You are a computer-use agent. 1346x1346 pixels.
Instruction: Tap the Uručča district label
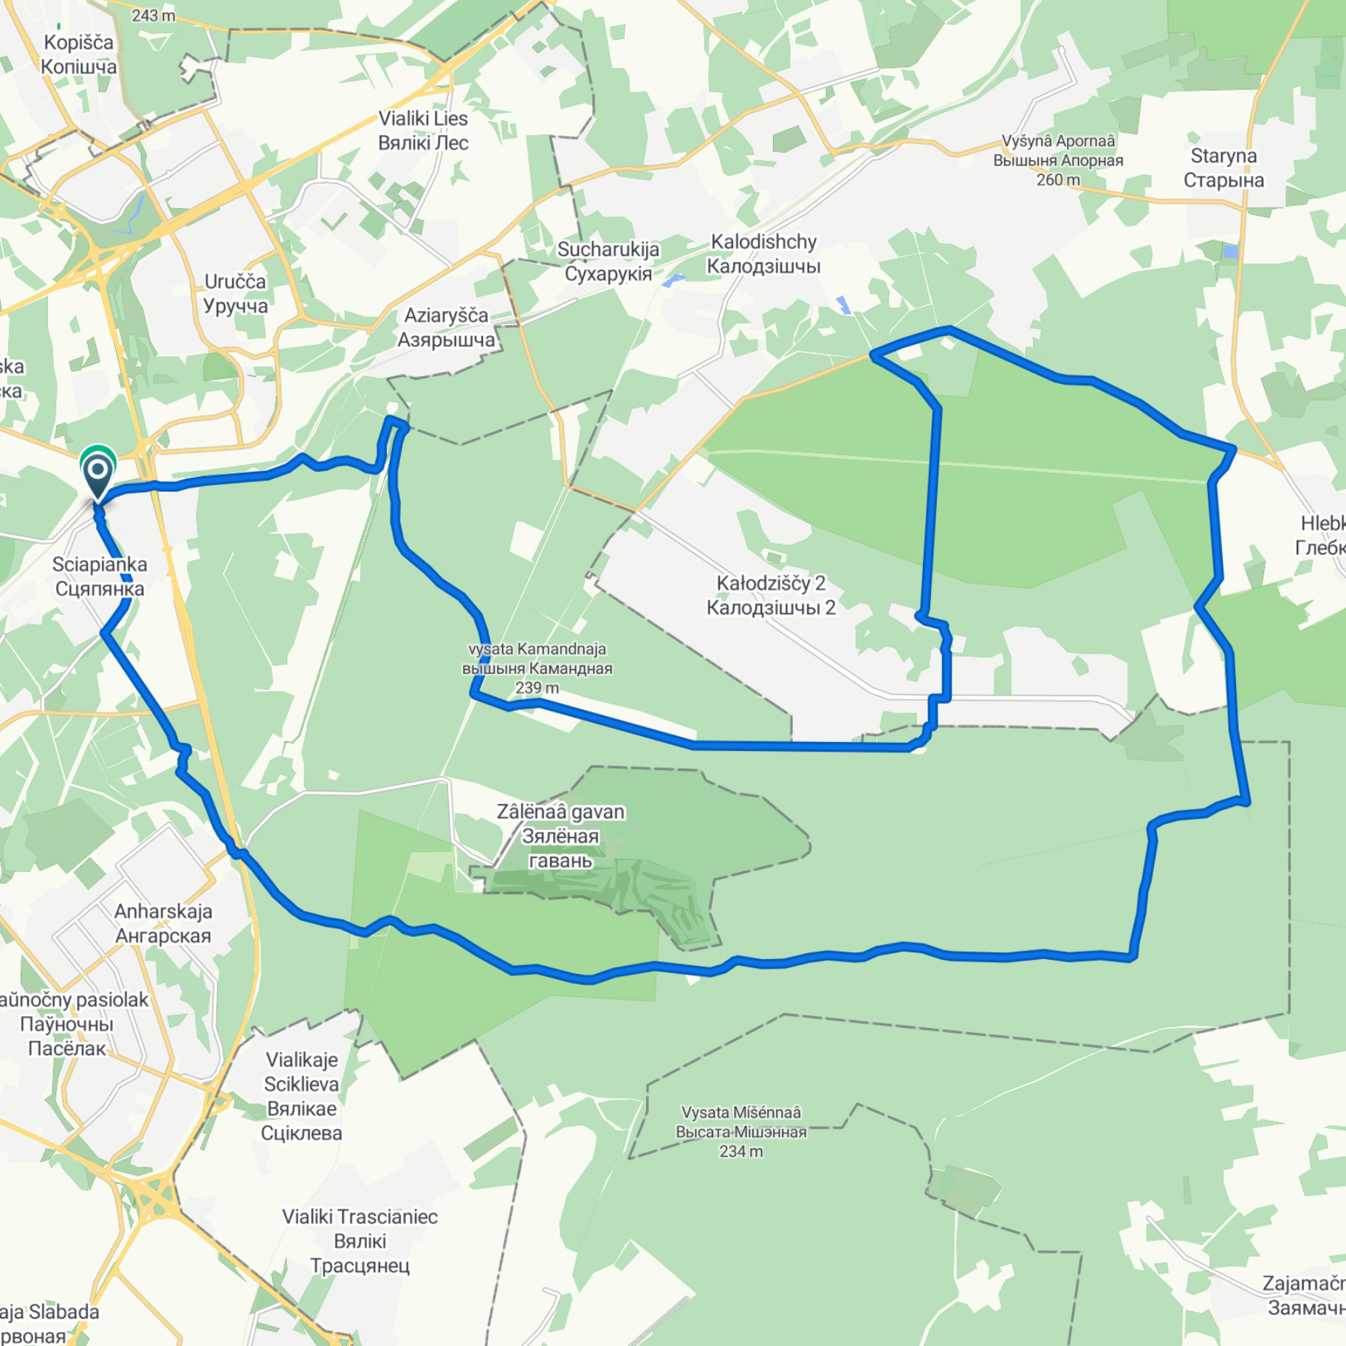coord(236,294)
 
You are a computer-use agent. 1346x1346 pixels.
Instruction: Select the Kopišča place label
coord(78,55)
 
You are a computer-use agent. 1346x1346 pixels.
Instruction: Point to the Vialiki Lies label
coord(423,131)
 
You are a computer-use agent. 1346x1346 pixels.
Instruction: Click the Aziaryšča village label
coord(446,328)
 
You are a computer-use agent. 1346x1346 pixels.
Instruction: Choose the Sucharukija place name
coord(608,261)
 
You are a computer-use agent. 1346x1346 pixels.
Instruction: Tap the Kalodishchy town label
coord(763,254)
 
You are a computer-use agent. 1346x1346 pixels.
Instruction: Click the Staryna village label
coord(1223,168)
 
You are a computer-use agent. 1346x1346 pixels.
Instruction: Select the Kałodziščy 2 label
coord(771,595)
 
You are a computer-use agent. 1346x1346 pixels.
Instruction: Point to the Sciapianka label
coord(100,577)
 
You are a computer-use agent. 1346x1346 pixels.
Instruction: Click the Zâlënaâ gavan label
coord(560,836)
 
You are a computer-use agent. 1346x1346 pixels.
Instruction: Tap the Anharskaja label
coord(163,924)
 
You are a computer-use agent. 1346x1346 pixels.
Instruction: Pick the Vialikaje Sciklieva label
coord(301,1096)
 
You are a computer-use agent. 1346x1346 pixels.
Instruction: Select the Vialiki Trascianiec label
coord(360,1241)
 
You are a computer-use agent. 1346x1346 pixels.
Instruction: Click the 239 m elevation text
coord(537,688)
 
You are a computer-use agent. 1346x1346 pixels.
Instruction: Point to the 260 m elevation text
coord(1058,180)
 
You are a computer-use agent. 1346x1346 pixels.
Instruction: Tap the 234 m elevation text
coord(741,1152)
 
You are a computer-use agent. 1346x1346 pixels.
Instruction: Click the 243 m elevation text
coord(154,16)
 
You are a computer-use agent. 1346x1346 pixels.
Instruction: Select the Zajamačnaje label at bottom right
coord(1304,1296)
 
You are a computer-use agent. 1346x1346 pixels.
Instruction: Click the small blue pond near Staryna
coord(1230,252)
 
